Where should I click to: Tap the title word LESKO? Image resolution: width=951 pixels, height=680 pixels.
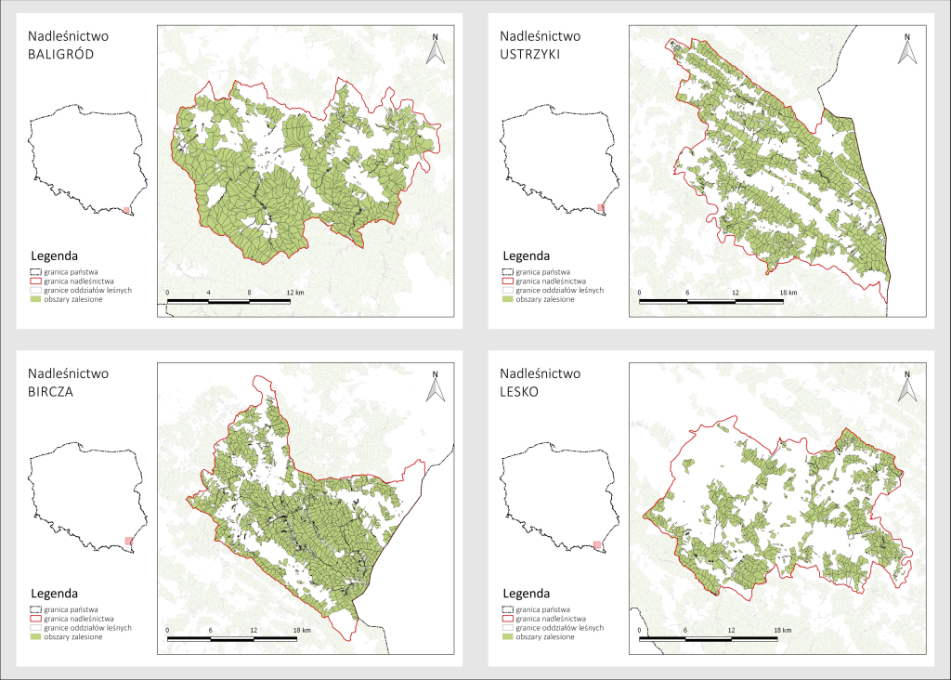click(x=523, y=391)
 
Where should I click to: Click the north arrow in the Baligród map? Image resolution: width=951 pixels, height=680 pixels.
click(x=436, y=49)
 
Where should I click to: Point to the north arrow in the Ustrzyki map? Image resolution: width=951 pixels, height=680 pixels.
click(x=906, y=49)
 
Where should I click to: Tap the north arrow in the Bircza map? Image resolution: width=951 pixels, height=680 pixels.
click(x=436, y=386)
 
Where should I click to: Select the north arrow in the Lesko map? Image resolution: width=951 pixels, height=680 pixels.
click(x=906, y=386)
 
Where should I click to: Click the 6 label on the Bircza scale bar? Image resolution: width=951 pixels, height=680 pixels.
click(x=211, y=631)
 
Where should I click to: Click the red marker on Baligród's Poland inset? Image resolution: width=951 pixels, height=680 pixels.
click(x=127, y=211)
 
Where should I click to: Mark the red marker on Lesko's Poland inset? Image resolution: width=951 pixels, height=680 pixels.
click(x=598, y=545)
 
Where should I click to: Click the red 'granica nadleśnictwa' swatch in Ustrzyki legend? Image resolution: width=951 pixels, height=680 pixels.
click(x=508, y=280)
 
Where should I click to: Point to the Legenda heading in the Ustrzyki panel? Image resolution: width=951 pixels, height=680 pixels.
click(x=526, y=255)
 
